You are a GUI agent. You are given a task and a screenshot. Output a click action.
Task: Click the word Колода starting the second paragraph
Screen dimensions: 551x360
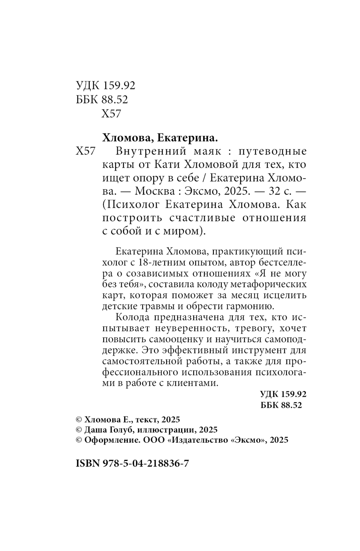coord(133,317)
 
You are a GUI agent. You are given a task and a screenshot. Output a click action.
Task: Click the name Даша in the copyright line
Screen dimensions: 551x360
coord(96,429)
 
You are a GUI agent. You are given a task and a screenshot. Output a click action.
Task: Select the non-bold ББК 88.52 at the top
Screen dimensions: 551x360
coord(102,99)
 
